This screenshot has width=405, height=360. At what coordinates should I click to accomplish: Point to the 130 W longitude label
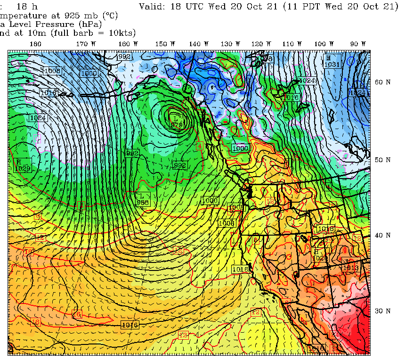pyautogui.click(x=227, y=44)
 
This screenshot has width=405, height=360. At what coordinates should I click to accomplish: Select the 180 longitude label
pyautogui.click(x=36, y=44)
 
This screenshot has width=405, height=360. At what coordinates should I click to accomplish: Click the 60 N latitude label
pyautogui.click(x=382, y=82)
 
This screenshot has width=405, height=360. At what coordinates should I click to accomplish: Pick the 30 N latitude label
pyautogui.click(x=382, y=311)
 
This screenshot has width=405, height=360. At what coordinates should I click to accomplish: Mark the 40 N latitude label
pyautogui.click(x=382, y=235)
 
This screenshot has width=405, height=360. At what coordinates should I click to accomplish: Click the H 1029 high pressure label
pyautogui.click(x=22, y=165)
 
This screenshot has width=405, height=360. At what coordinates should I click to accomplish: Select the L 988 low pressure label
pyautogui.click(x=143, y=199)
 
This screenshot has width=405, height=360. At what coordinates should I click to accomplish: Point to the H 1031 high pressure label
pyautogui.click(x=332, y=61)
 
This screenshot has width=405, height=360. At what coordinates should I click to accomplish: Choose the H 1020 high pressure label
pyautogui.click(x=319, y=255)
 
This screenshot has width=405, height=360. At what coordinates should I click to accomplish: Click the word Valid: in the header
pyautogui.click(x=154, y=6)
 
